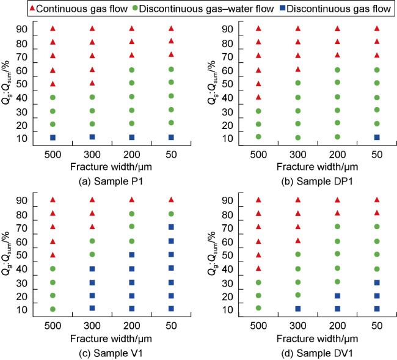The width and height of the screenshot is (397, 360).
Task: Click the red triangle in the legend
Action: point(32,8)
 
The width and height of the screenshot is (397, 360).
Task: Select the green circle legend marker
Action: point(135,8)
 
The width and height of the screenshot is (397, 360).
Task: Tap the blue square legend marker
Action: point(283,8)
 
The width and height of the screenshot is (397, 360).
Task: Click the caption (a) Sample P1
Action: point(111,182)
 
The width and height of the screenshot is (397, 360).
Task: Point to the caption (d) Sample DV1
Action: point(317,353)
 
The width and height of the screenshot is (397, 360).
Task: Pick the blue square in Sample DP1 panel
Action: point(377,138)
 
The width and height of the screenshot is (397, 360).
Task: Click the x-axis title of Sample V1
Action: point(111,339)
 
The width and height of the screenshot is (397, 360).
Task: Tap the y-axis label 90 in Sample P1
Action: point(22,29)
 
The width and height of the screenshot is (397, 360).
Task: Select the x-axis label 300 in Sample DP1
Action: point(298,155)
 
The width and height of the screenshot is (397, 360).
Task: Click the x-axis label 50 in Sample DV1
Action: point(377,326)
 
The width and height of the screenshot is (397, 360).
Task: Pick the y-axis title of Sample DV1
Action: point(212,254)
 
